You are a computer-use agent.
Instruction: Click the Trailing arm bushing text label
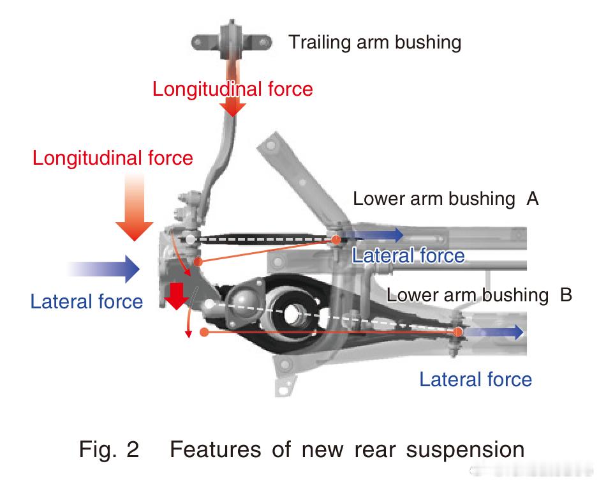374,43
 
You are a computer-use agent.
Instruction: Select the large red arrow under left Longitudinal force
135,211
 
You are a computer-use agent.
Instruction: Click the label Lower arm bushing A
446,199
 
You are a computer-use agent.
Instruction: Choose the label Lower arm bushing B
479,295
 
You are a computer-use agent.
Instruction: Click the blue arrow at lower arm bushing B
495,333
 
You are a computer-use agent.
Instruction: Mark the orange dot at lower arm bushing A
336,239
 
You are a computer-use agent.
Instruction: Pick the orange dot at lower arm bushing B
458,332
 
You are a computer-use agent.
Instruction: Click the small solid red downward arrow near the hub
175,295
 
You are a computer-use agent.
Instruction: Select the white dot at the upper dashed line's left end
190,239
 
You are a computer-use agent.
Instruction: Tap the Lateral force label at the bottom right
475,380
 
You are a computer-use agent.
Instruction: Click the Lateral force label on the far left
86,301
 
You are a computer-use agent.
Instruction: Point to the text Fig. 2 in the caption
109,449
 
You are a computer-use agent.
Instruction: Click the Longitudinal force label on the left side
112,158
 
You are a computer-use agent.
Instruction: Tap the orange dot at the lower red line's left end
203,332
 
